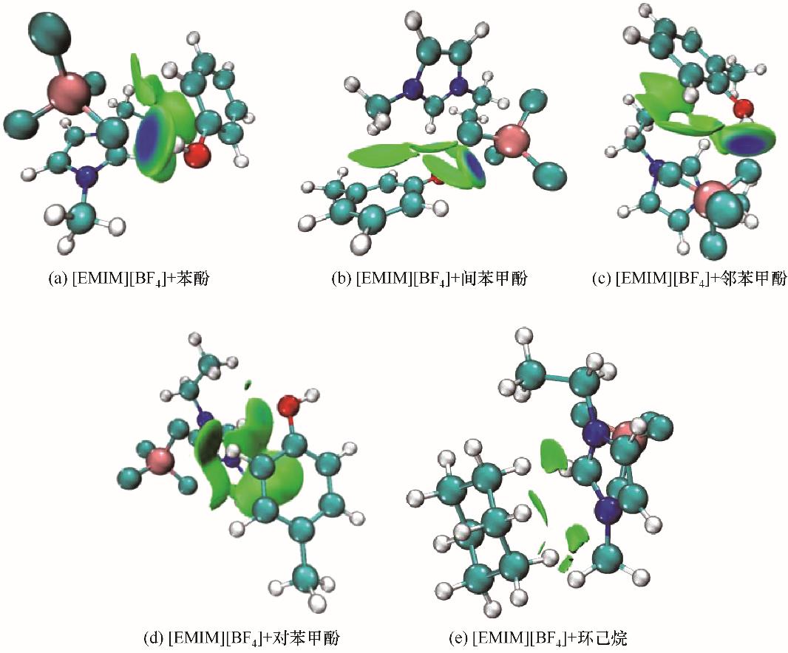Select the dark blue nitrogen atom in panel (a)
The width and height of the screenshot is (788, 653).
[x=88, y=177]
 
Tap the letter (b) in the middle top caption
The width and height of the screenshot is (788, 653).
[x=342, y=280]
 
